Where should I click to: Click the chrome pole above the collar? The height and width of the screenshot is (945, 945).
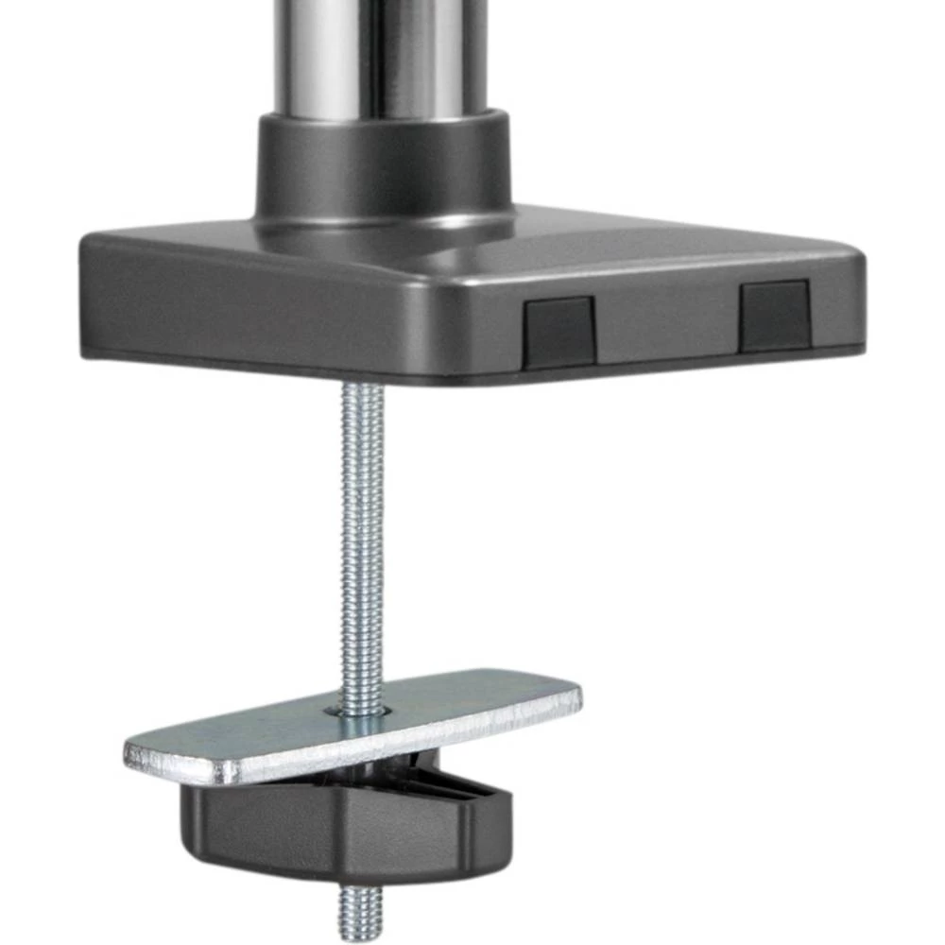(378, 57)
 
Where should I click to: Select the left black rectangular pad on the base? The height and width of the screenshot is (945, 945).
(560, 332)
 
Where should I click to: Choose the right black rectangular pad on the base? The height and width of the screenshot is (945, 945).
(775, 315)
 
